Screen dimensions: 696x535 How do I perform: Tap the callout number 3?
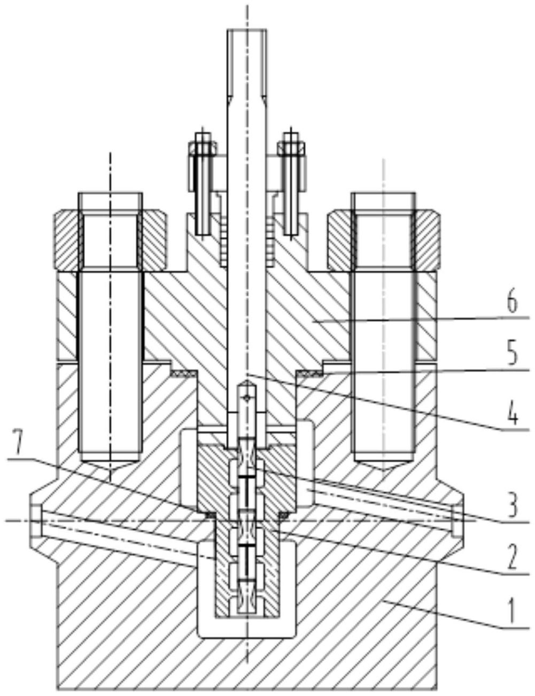pos(512,507)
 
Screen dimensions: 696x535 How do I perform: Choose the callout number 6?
pos(512,303)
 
